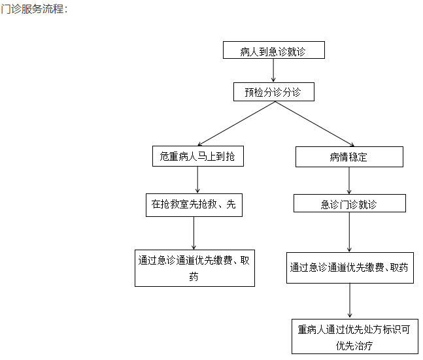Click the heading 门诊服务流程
(34, 9)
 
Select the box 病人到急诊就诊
(273, 50)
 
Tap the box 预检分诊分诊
(273, 92)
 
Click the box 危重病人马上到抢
(197, 156)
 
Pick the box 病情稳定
(349, 157)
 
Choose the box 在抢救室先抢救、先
(194, 205)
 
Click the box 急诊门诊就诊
(349, 203)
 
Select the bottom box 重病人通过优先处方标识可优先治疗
(355, 336)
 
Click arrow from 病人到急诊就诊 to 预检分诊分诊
(273, 71)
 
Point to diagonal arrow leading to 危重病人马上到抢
(236, 123)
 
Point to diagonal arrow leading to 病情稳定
(315, 123)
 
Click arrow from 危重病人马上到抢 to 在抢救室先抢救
(197, 180)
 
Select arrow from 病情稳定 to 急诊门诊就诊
(349, 181)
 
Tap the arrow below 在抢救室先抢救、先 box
(194, 233)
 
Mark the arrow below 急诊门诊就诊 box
(349, 232)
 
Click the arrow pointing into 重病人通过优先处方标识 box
(350, 301)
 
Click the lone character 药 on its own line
(194, 276)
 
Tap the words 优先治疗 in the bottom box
(354, 346)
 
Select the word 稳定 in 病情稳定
(358, 157)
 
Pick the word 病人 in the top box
(249, 52)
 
